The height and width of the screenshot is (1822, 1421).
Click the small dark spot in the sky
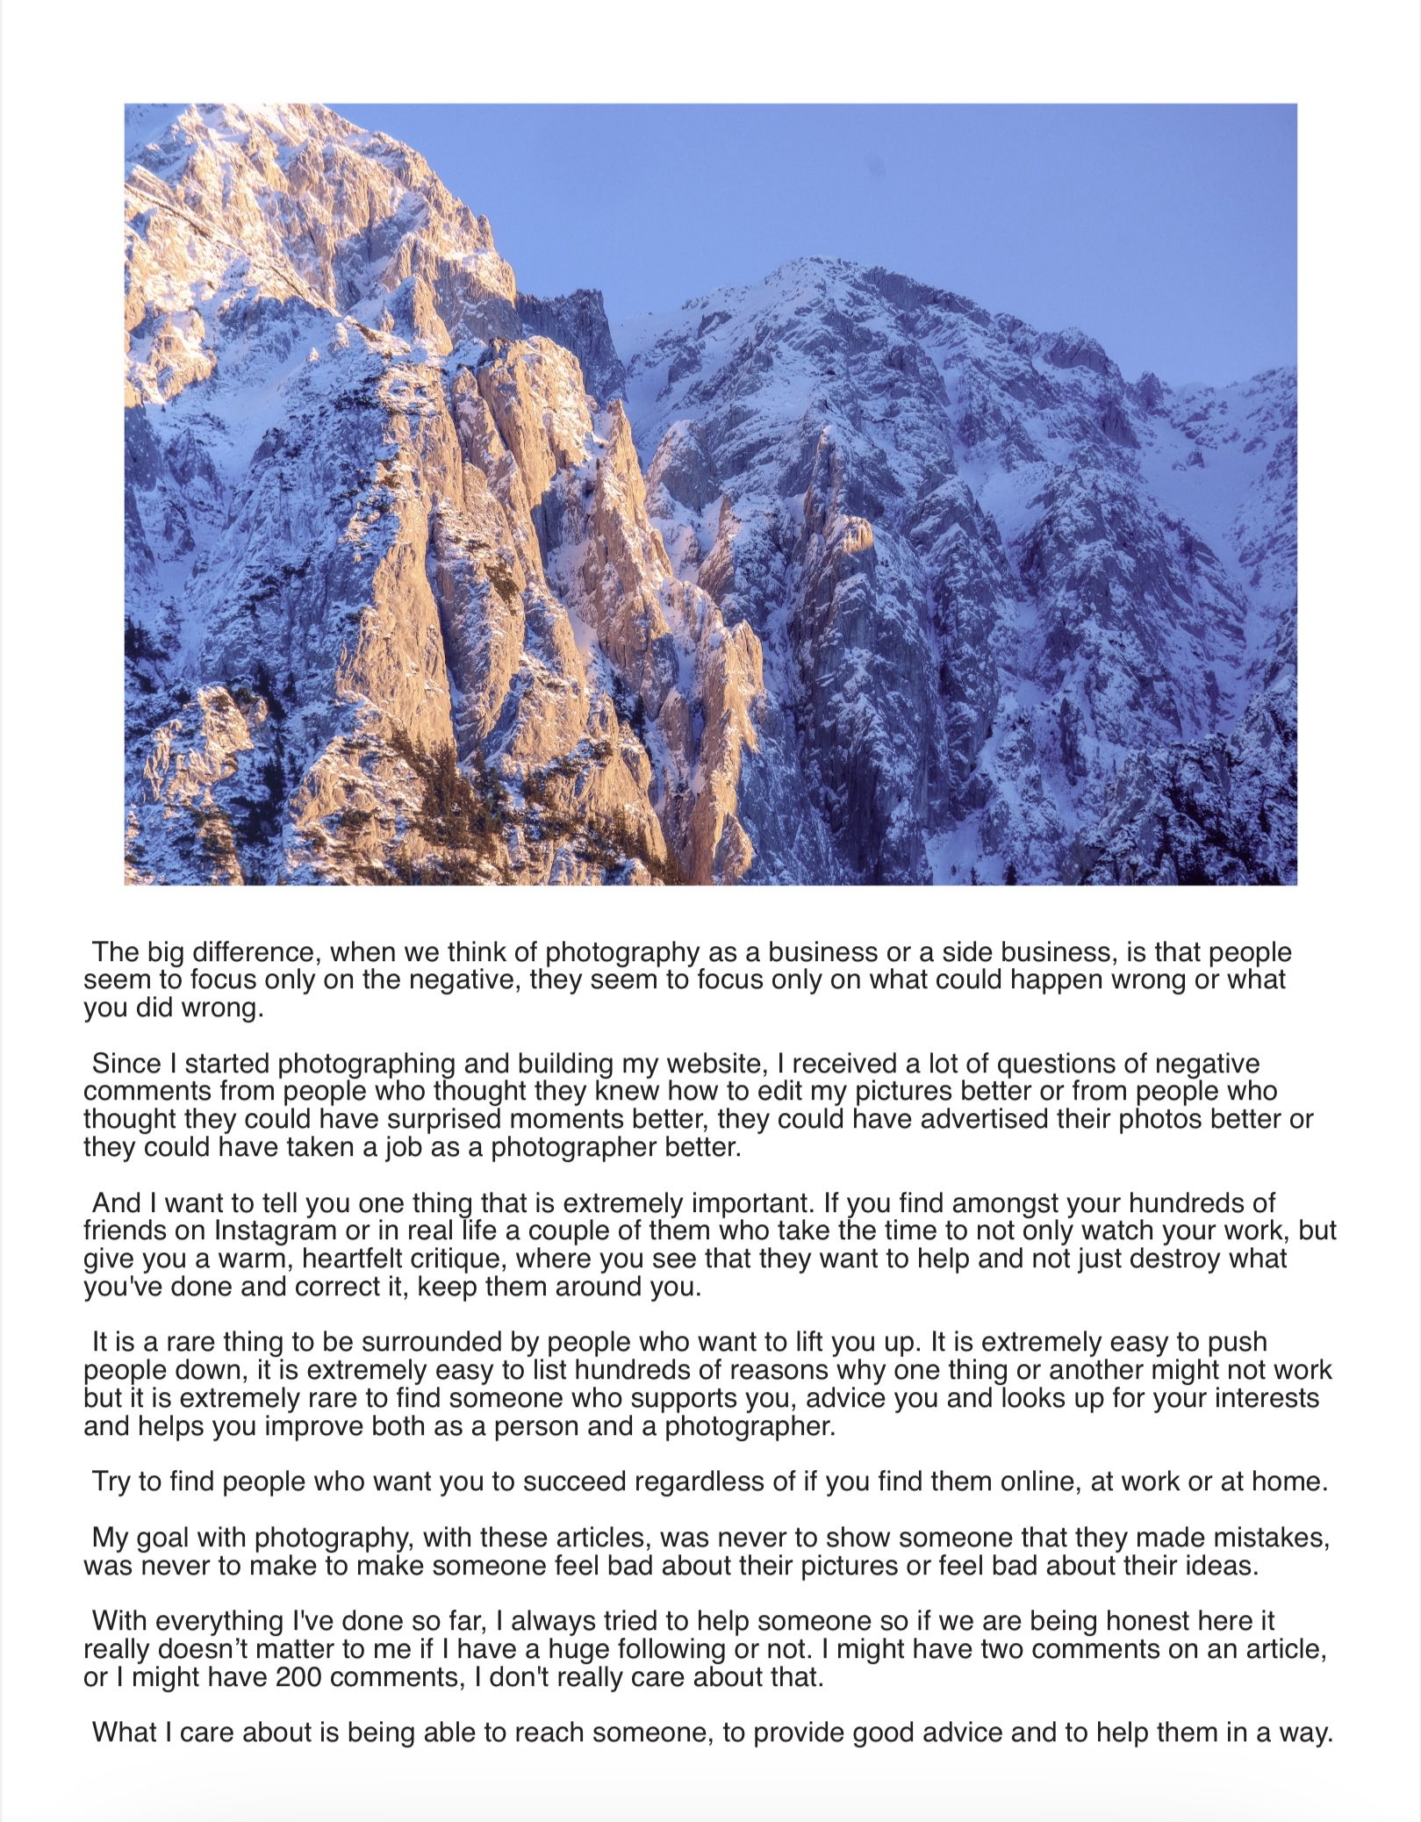[x=871, y=162]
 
